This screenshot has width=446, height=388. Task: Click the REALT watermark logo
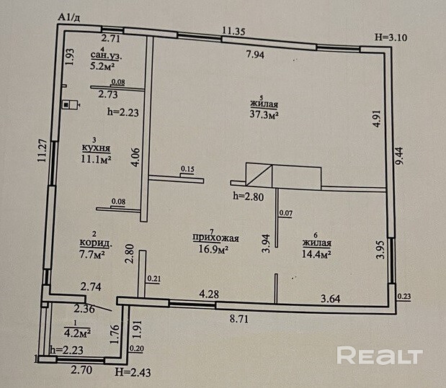(379, 356)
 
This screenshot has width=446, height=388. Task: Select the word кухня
(96, 150)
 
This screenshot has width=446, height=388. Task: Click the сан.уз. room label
(105, 54)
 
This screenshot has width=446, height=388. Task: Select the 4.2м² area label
(76, 333)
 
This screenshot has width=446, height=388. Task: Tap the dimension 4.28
(208, 294)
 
